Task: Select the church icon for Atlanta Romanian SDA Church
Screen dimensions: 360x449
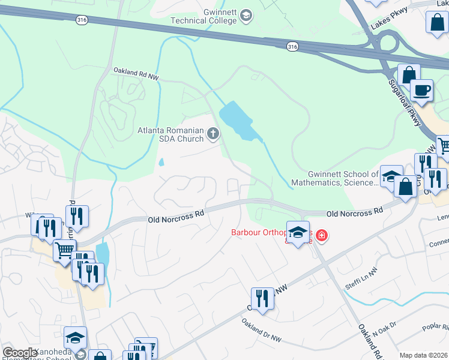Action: (x=213, y=134)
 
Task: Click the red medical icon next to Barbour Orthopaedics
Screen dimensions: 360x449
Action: (x=322, y=235)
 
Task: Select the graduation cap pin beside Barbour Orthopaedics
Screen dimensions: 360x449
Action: (x=297, y=232)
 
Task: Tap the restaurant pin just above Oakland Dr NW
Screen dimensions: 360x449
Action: (x=262, y=298)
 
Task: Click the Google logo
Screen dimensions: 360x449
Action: (x=20, y=353)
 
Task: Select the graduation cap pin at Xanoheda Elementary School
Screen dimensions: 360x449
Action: (x=75, y=338)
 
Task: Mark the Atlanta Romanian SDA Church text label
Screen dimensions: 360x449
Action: (x=170, y=134)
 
